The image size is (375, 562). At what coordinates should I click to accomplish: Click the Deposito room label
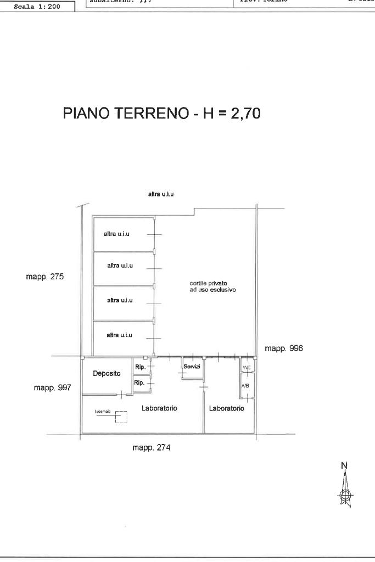[x=107, y=373]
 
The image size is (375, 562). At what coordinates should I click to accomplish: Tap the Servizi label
[x=192, y=366]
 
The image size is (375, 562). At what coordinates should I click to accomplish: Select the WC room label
[x=246, y=367]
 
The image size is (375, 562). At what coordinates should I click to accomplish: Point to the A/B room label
[x=245, y=386]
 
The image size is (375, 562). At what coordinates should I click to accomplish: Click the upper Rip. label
[x=139, y=367]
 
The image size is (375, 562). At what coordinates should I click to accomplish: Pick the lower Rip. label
[x=139, y=383]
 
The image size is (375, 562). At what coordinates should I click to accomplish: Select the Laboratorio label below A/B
[x=226, y=408]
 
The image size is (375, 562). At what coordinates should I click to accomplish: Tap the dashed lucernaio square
[x=121, y=418]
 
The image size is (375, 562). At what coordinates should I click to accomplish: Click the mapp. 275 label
[x=45, y=277]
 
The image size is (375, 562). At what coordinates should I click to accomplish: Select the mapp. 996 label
[x=284, y=349]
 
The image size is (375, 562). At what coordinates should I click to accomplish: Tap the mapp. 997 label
[x=53, y=388]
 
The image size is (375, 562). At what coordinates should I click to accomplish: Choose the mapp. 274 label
[x=152, y=447]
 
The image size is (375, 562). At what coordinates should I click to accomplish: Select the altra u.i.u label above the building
[x=161, y=194]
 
